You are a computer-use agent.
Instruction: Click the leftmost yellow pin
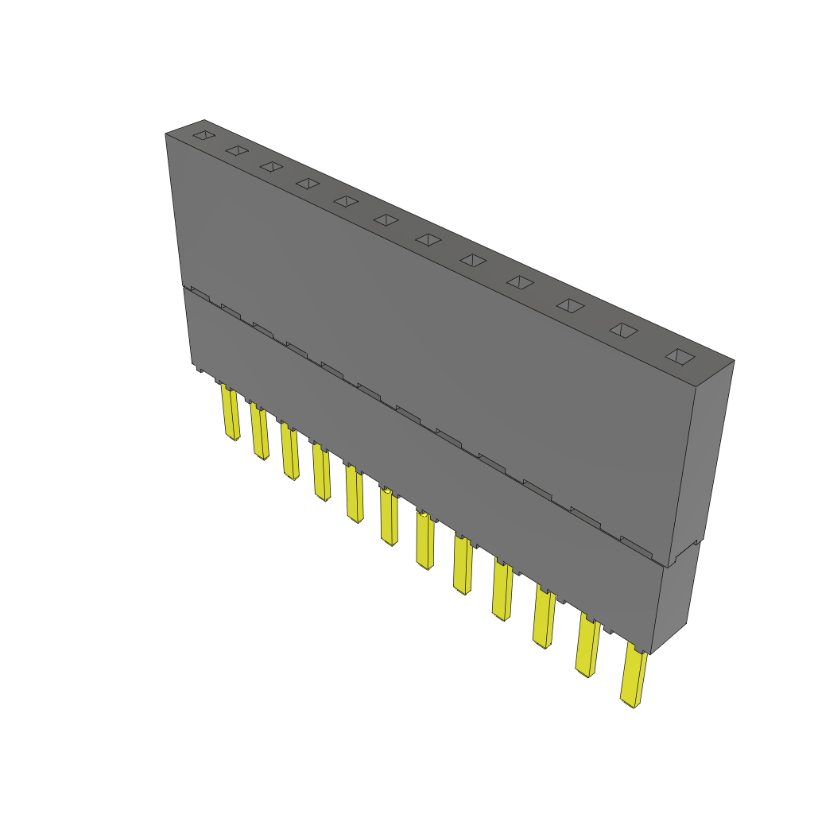click(231, 413)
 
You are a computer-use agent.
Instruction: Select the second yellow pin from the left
click(260, 432)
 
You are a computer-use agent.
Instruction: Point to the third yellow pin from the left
click(289, 451)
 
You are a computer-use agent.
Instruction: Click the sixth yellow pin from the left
click(389, 517)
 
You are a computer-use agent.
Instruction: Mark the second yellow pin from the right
click(588, 645)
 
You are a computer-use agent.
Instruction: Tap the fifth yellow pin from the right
click(462, 565)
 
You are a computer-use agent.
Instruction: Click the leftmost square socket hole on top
click(204, 135)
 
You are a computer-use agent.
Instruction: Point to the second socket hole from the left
click(237, 150)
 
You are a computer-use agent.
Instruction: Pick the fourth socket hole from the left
click(308, 184)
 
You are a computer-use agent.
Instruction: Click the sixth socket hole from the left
click(386, 219)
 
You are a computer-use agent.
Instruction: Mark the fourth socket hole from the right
click(520, 282)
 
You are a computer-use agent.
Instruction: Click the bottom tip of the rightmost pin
click(631, 704)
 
